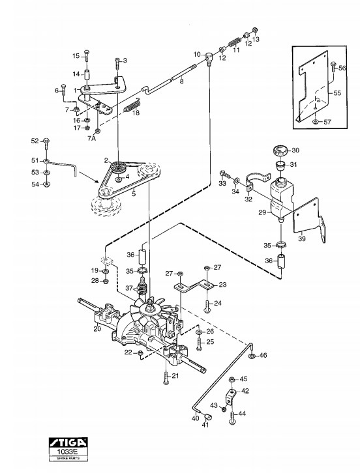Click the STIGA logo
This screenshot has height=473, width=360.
[68, 442]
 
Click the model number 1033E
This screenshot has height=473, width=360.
[68, 452]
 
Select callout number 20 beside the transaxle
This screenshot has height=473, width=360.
[97, 328]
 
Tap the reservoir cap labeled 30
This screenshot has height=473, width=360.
[280, 150]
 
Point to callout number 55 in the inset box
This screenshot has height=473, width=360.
[337, 93]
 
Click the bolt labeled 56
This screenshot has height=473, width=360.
[333, 66]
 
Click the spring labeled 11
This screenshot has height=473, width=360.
[234, 41]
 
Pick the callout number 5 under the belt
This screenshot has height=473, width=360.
[134, 194]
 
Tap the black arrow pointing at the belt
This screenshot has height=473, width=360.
[89, 177]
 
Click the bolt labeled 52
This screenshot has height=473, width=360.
[46, 144]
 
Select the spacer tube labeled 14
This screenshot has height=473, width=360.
[87, 74]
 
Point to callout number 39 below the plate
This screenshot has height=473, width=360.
[302, 238]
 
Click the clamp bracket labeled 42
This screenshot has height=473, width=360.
[230, 396]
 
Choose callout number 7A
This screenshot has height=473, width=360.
[91, 139]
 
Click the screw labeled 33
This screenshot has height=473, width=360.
[225, 174]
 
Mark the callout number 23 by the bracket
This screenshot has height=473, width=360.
[222, 285]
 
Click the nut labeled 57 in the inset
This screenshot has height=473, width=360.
[315, 122]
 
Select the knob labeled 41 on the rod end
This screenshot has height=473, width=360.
[208, 417]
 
